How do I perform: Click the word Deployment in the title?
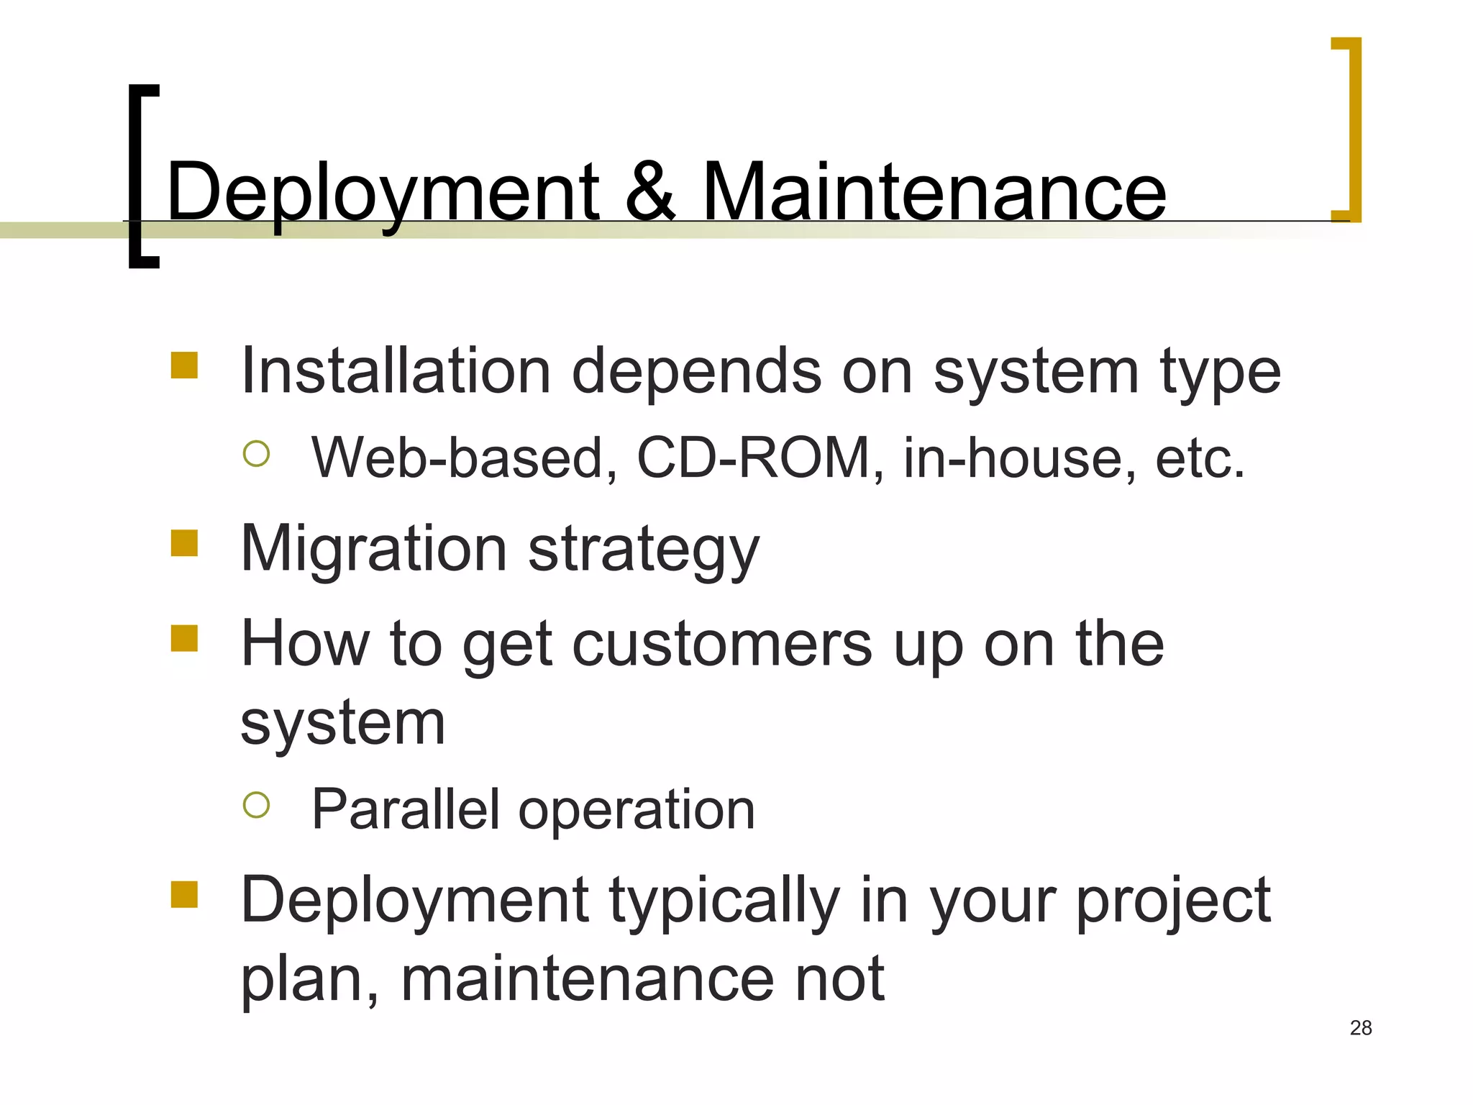[382, 193]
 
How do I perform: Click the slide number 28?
[1361, 1028]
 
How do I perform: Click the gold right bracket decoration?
[1352, 129]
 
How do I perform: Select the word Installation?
[396, 371]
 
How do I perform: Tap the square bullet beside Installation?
[184, 365]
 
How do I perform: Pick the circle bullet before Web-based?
[256, 453]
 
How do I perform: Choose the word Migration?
[374, 550]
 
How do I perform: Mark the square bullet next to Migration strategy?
[184, 543]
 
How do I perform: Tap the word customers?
[722, 644]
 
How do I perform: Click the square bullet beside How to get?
[184, 637]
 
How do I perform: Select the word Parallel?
[406, 809]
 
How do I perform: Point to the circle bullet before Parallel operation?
[256, 805]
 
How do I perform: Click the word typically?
[725, 902]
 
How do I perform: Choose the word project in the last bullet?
[1172, 902]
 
